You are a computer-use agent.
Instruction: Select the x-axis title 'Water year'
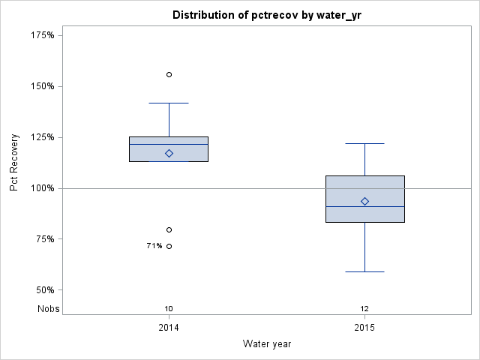[266, 343]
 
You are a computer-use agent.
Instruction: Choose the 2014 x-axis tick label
[169, 328]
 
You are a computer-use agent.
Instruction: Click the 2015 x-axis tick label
[364, 328]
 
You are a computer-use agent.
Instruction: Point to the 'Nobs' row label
[49, 308]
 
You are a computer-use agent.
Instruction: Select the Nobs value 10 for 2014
[169, 308]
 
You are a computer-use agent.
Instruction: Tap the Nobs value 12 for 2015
[364, 308]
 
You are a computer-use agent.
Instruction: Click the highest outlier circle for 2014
[169, 74]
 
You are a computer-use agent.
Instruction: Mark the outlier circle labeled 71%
[169, 246]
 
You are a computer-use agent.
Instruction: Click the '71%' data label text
[154, 246]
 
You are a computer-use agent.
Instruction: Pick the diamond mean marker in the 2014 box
[169, 153]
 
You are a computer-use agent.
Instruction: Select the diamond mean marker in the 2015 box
[364, 201]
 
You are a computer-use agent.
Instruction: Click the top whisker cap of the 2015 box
[364, 143]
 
